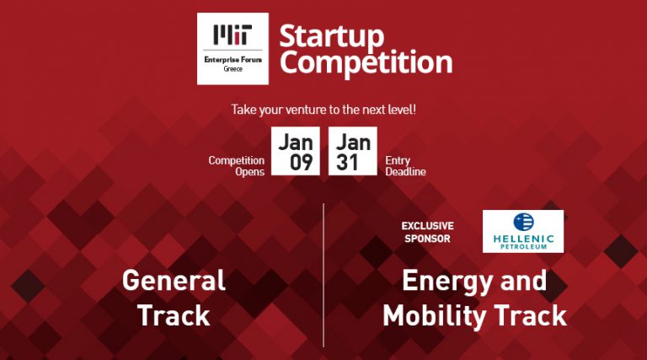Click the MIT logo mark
pyautogui.click(x=232, y=36)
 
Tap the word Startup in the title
pyautogui.click(x=331, y=35)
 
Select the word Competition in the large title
pyautogui.click(x=365, y=62)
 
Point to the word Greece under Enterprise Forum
pyautogui.click(x=233, y=68)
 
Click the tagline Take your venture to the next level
pyautogui.click(x=323, y=110)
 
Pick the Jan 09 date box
pyautogui.click(x=296, y=151)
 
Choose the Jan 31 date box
pyautogui.click(x=352, y=151)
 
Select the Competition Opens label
pyautogui.click(x=236, y=165)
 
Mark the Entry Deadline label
pyautogui.click(x=405, y=165)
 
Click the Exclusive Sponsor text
pyautogui.click(x=426, y=232)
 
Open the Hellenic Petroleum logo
pyautogui.click(x=522, y=231)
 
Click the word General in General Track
pyautogui.click(x=174, y=281)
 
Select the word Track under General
pyautogui.click(x=174, y=315)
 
